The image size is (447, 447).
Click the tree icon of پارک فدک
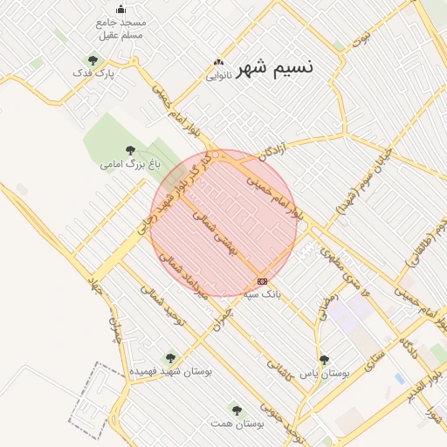(x=93, y=59)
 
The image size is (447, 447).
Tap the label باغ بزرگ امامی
(x=120, y=163)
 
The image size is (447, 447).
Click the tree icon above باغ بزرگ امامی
(x=130, y=150)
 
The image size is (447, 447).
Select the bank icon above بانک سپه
(x=262, y=281)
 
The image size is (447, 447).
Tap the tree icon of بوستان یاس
(x=324, y=359)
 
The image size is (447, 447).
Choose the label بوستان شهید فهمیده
(x=171, y=370)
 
